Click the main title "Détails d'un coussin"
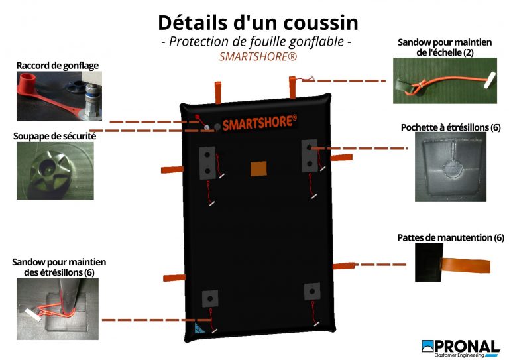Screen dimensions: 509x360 (x=258, y=23)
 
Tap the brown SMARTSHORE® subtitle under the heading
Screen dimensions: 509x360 (x=258, y=56)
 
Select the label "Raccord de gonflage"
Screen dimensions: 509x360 (x=58, y=66)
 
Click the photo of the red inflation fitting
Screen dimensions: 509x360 (x=60, y=95)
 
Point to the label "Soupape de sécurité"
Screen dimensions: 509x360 (x=54, y=136)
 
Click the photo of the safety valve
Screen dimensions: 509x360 (x=55, y=171)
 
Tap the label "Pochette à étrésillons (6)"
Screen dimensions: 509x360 (x=451, y=127)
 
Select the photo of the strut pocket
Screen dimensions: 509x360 (x=451, y=166)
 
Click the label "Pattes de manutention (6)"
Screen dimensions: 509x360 (x=451, y=237)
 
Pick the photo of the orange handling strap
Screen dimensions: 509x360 (x=453, y=263)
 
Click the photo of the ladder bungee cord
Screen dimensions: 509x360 (x=445, y=81)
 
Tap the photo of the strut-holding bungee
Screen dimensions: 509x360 (x=58, y=309)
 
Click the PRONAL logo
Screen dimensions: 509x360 (x=461, y=348)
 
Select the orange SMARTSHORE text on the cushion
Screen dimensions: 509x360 (x=259, y=123)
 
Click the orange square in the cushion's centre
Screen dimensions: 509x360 (x=258, y=169)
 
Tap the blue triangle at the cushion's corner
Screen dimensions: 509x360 (x=199, y=328)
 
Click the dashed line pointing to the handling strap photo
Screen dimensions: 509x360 (x=380, y=265)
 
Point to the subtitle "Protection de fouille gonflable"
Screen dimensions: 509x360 (x=256, y=42)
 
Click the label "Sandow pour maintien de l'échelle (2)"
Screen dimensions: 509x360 (x=445, y=47)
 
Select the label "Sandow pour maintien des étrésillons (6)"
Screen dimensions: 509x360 (x=59, y=267)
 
